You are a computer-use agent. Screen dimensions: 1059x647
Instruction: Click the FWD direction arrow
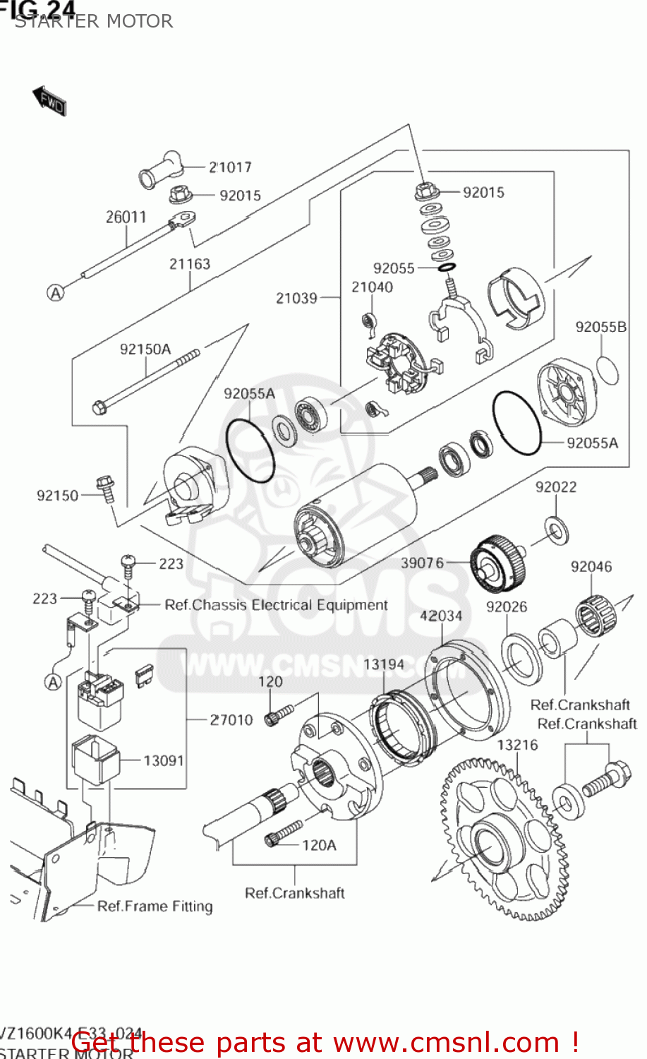coord(49,101)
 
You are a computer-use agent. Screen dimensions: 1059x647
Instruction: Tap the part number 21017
coord(230,167)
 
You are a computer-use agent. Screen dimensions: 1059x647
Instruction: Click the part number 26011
coord(126,217)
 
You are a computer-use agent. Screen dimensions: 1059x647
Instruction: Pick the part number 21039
coord(296,298)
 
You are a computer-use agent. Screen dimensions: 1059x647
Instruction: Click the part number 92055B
coord(600,327)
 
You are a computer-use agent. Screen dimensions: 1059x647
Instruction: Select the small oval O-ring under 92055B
coord(608,371)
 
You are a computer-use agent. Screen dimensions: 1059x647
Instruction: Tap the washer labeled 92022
coord(557,530)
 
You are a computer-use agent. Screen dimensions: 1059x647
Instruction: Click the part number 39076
coord(423,563)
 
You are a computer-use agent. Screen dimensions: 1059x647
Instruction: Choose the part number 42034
coord(441,616)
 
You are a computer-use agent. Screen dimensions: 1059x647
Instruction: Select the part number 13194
coord(384,664)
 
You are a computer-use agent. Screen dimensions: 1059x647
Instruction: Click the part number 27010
coord(231,719)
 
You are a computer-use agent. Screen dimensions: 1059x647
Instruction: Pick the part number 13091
coord(164,760)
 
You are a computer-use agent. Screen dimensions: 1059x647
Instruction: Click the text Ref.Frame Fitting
coord(155,906)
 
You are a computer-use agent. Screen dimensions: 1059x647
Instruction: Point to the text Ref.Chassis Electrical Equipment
coord(276,605)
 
